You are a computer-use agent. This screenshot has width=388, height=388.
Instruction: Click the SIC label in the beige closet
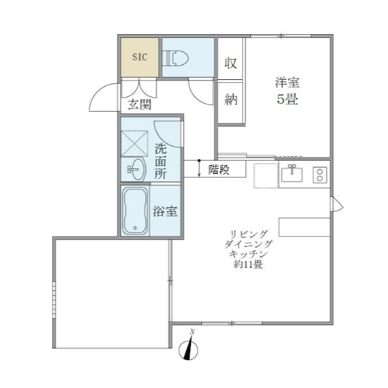140,57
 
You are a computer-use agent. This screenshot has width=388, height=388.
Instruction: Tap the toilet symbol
175,57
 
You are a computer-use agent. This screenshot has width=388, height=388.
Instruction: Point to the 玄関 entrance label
140,105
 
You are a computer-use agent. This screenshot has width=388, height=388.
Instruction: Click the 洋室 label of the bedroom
287,82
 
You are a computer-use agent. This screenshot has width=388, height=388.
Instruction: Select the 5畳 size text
287,99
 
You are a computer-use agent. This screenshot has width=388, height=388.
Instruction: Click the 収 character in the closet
230,63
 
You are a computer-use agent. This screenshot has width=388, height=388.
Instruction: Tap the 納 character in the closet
230,99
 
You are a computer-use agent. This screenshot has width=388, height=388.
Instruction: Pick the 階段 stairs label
219,170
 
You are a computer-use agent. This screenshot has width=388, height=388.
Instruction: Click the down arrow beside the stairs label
199,168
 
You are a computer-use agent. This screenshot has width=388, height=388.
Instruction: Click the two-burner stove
320,175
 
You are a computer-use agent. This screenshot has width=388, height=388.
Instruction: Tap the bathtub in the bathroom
135,211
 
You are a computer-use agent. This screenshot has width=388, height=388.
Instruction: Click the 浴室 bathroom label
165,211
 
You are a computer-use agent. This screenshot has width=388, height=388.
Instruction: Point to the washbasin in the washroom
137,169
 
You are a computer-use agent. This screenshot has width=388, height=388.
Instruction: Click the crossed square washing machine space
134,144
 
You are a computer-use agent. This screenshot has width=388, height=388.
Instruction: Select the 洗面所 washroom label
161,161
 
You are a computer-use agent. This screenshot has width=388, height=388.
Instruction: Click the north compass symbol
189,348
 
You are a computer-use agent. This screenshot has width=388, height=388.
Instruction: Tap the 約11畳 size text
248,265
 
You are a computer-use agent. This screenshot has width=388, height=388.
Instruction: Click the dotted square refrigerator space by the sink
266,175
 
